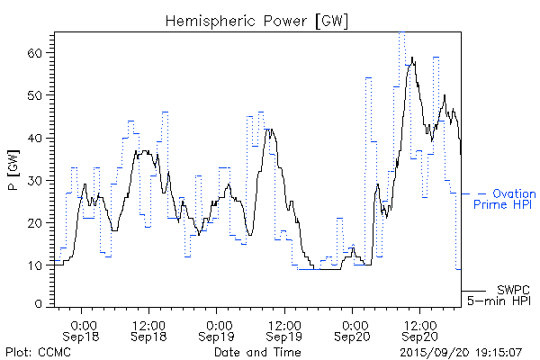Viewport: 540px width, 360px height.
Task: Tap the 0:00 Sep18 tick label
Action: (x=83, y=329)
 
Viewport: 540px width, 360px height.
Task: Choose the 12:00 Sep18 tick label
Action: (x=148, y=329)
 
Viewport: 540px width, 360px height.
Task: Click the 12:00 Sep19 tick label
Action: (x=283, y=329)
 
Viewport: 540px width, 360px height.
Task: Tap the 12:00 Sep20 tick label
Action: (x=418, y=329)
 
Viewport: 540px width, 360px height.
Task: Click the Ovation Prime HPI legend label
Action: (x=504, y=199)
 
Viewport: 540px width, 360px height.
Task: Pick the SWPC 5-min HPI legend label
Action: (x=500, y=294)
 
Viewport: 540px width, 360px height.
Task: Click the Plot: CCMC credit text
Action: (x=38, y=351)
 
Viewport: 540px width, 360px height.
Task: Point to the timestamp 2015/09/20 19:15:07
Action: (x=461, y=351)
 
